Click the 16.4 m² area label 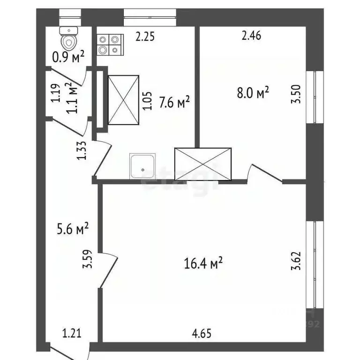click(x=203, y=263)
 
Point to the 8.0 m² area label click(x=253, y=92)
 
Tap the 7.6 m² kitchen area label click(x=174, y=102)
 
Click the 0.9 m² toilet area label click(x=68, y=57)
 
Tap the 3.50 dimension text click(x=296, y=96)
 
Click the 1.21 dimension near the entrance click(x=72, y=334)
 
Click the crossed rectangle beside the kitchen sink click(x=202, y=164)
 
